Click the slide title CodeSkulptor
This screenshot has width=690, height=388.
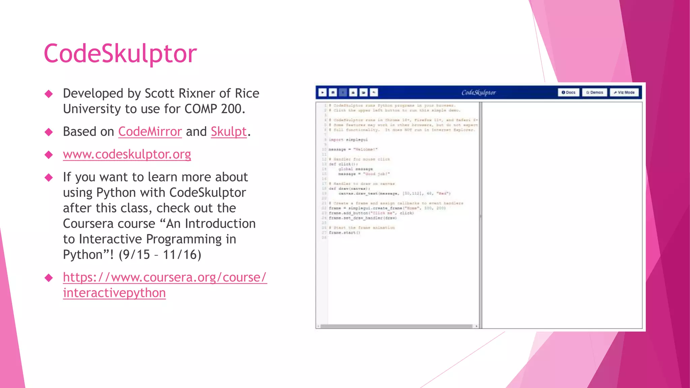(120, 54)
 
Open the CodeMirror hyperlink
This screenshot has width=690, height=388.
(150, 132)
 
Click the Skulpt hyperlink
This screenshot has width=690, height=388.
(229, 132)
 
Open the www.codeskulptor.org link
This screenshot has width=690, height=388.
(127, 154)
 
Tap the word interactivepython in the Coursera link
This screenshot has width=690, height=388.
(114, 293)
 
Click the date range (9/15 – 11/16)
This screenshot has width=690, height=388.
(160, 255)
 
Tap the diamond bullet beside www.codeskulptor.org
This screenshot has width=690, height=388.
(49, 155)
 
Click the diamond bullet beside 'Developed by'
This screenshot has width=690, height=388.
(49, 94)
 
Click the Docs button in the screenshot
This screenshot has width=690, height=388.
(569, 92)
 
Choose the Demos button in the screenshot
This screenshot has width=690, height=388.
(595, 92)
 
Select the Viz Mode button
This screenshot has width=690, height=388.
(624, 92)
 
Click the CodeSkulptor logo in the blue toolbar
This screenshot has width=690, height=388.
(478, 92)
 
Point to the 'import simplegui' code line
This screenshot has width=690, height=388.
(348, 139)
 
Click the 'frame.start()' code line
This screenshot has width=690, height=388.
(344, 232)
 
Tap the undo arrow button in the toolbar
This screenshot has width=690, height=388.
(374, 92)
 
